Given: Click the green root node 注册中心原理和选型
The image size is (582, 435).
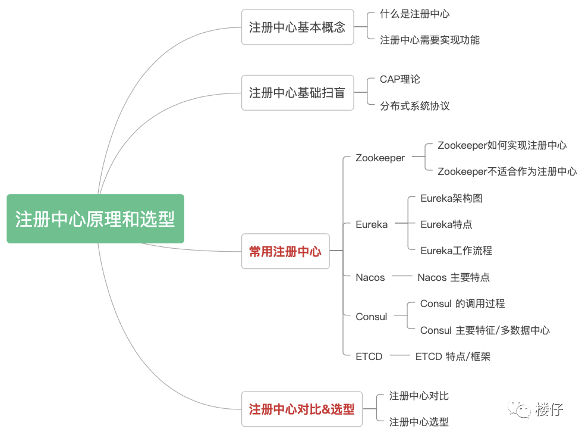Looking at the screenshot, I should [x=95, y=219].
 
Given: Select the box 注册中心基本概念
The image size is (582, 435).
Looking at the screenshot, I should [x=297, y=27].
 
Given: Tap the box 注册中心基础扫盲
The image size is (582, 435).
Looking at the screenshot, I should [x=297, y=92].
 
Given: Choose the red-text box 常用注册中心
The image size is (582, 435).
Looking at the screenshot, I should [x=285, y=251].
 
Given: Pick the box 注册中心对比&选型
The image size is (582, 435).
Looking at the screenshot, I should [x=301, y=409].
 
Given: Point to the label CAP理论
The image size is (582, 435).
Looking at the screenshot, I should [x=400, y=79].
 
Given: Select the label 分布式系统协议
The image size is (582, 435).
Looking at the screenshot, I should [x=415, y=106].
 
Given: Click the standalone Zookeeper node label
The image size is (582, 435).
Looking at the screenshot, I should [x=380, y=158].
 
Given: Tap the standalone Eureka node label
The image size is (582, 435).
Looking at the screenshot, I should [x=372, y=224].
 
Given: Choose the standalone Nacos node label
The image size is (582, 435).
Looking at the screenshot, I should [x=370, y=277].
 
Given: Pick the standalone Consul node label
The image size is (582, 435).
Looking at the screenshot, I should [x=372, y=317].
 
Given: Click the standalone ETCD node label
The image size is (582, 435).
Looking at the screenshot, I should [x=369, y=356].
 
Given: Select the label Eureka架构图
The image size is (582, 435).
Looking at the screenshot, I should [x=451, y=198].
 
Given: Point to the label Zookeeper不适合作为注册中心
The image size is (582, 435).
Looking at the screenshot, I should [x=507, y=171].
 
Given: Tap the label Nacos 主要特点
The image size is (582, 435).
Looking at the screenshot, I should [x=454, y=277].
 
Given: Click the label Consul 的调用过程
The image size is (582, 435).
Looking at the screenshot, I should [x=463, y=303].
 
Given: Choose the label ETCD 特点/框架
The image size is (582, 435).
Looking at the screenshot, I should [x=453, y=356].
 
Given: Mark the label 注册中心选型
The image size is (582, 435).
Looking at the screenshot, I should [x=419, y=422].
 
